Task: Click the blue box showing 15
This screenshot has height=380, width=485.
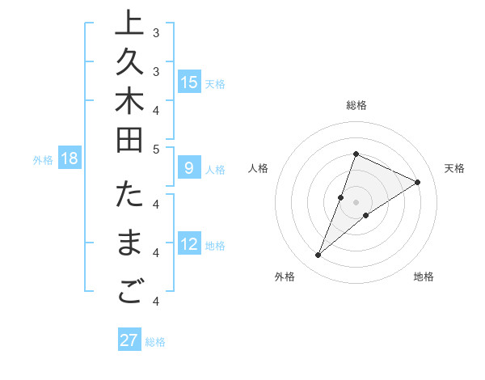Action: [x=189, y=82]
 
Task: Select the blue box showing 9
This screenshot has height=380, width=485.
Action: [x=189, y=168]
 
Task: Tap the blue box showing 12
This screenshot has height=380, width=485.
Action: [x=189, y=244]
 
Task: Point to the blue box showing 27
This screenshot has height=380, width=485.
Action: [x=129, y=340]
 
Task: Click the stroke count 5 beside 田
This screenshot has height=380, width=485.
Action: [x=156, y=149]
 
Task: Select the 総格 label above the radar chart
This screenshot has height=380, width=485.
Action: [x=356, y=105]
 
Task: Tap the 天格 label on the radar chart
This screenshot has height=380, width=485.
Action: [x=454, y=168]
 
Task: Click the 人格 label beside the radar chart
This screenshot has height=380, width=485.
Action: [x=258, y=168]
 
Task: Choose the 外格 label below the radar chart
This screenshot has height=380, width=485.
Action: [x=284, y=277]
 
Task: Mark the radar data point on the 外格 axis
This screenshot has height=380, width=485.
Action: [x=318, y=255]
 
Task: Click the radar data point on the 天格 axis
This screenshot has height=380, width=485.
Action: [x=418, y=182]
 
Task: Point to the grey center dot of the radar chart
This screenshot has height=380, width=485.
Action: [x=356, y=202]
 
